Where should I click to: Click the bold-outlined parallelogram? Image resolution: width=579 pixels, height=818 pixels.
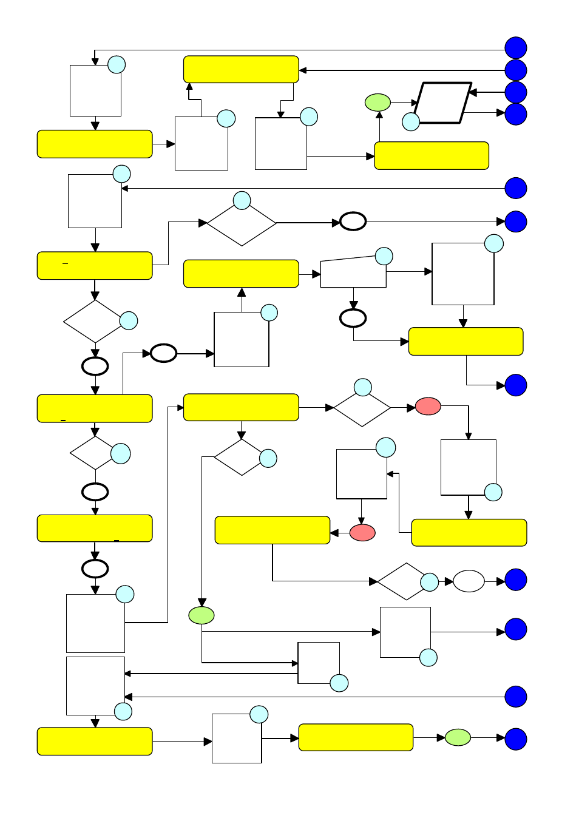(442, 103)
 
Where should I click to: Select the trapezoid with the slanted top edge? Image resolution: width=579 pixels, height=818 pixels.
(353, 273)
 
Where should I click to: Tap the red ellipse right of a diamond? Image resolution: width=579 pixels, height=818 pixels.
(428, 407)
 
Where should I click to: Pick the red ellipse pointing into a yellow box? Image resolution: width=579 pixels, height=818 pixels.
(362, 533)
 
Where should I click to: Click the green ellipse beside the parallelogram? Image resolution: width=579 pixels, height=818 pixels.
(378, 103)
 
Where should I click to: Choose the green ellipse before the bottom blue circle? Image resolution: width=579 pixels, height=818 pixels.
(458, 737)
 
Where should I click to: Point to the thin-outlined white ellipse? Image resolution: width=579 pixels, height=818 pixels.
(469, 581)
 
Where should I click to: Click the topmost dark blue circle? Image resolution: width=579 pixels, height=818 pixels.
(516, 48)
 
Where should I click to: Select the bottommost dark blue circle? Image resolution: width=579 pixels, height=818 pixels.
(516, 739)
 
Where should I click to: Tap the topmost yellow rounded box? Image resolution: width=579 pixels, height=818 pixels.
(241, 69)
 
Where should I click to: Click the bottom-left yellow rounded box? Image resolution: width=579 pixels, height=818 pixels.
(95, 741)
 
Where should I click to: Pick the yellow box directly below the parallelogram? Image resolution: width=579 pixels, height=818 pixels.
(432, 156)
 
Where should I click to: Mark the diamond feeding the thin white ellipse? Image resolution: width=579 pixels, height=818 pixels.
(401, 581)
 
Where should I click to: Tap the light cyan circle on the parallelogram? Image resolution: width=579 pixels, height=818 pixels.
(411, 122)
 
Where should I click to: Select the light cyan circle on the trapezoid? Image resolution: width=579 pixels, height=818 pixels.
(384, 256)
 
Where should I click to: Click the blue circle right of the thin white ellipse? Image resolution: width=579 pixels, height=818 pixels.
(516, 580)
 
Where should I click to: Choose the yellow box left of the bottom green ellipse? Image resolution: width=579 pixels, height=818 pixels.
(356, 737)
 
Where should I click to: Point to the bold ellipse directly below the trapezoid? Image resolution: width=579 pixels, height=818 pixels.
(353, 318)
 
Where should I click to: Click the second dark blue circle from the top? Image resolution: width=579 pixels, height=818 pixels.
(516, 70)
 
